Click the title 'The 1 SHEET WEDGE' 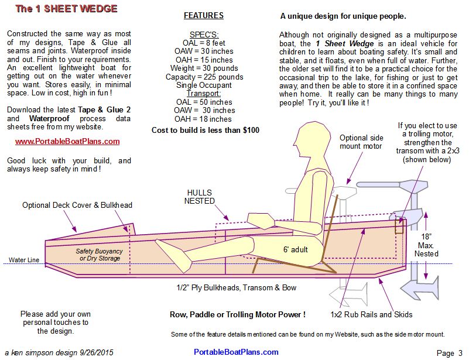click(x=66, y=9)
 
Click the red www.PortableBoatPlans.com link click(x=67, y=141)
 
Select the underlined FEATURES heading click(x=203, y=16)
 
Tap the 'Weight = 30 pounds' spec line click(x=203, y=68)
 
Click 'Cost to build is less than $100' click(x=205, y=130)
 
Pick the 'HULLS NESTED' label click(x=200, y=197)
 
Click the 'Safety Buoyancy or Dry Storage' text click(x=99, y=255)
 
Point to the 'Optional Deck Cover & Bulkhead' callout click(x=77, y=205)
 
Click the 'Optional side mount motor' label click(x=361, y=142)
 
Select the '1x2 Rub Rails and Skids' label click(x=371, y=314)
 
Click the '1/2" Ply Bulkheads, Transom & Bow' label click(x=237, y=287)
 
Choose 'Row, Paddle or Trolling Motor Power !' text click(x=237, y=314)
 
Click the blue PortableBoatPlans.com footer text click(x=236, y=352)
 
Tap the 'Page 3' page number click(x=449, y=352)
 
